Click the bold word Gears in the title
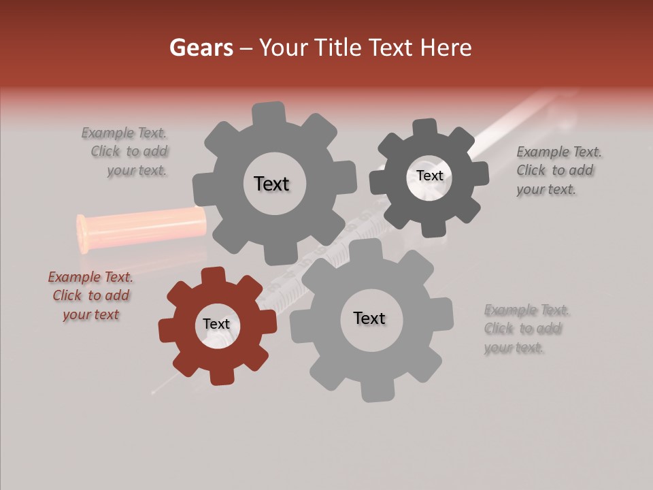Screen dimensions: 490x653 tap(201, 48)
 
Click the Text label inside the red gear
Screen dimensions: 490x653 tap(216, 325)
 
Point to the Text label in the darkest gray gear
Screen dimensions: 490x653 tap(429, 176)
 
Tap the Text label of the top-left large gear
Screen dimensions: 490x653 tap(271, 184)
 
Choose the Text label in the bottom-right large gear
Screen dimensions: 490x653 tap(369, 318)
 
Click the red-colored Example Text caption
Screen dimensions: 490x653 tap(90, 296)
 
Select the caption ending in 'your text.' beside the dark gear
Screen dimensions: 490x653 tap(559, 171)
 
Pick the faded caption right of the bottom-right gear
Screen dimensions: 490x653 tap(526, 329)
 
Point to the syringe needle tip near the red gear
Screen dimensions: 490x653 tap(155, 391)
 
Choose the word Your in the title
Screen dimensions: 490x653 tap(286, 48)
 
